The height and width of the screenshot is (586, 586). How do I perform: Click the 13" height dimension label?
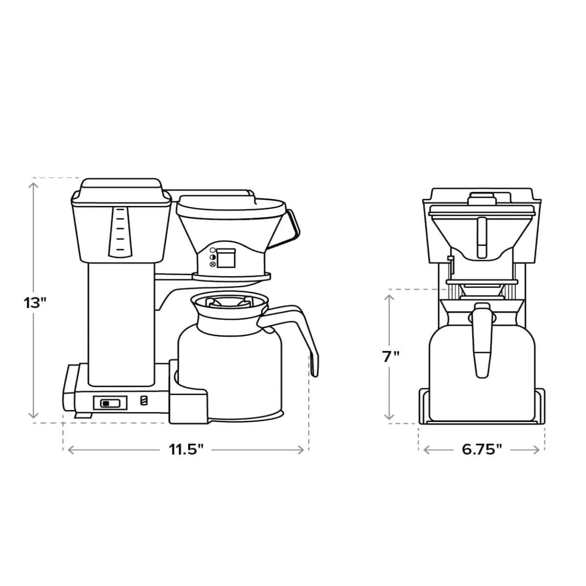(35, 302)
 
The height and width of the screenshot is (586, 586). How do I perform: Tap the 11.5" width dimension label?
(186, 449)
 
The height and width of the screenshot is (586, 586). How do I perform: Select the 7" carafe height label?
(391, 356)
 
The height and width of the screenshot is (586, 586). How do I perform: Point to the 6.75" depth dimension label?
(482, 449)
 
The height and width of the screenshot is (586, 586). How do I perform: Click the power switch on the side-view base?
(110, 403)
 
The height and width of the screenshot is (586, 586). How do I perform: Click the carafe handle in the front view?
(481, 342)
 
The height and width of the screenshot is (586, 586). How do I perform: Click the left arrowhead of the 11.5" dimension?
(70, 450)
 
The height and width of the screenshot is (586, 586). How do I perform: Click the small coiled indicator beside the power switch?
(143, 401)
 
